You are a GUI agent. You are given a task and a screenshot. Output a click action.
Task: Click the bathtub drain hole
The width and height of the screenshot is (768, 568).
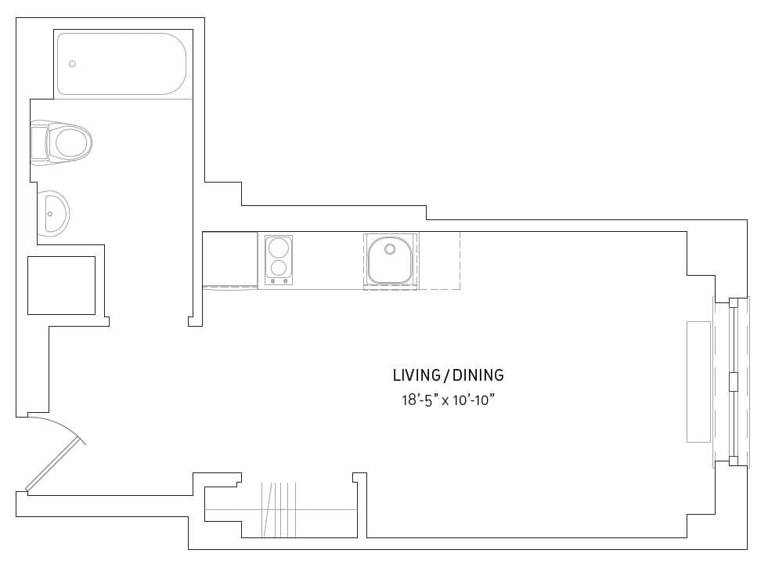coord(73,63)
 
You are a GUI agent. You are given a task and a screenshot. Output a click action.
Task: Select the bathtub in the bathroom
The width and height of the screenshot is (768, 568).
coord(122,64)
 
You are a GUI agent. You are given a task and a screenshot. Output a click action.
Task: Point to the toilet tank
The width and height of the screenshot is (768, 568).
coord(38,143)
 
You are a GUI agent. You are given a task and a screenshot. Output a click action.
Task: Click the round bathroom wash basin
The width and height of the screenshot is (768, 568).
coord(55,212)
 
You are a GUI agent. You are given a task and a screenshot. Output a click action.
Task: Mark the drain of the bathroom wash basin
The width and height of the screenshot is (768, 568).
coord(50,212)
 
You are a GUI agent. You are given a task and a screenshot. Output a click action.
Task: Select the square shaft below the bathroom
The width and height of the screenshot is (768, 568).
coord(61,285)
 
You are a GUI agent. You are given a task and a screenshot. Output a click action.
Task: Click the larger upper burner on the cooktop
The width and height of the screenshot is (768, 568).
coord(279,248)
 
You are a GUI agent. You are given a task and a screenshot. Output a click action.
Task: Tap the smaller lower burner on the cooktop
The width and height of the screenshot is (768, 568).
coord(279,268)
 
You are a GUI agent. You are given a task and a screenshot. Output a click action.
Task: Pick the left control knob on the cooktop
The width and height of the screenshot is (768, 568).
coord(273,280)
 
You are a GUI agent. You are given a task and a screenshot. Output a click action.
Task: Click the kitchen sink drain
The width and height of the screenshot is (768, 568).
coord(389,250)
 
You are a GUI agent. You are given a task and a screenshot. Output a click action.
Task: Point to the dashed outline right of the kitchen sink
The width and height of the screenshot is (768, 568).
coord(439,261)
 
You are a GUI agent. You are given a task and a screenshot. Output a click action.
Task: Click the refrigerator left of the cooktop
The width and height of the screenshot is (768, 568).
coord(230,259)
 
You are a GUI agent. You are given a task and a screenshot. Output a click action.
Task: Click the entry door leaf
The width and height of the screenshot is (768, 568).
coord(55,465)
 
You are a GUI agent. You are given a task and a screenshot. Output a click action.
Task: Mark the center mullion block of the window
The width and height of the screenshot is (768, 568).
coord(734,382)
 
